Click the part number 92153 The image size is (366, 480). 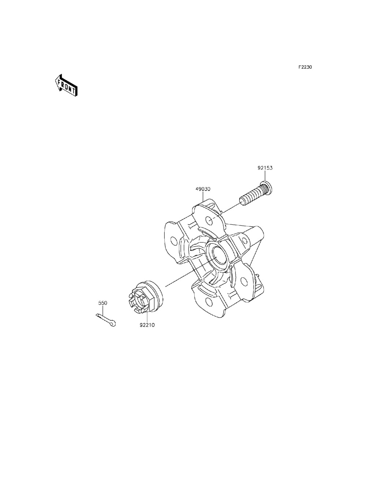pyautogui.click(x=265, y=168)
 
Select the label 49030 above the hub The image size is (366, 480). pyautogui.click(x=203, y=189)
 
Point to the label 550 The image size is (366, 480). pyautogui.click(x=103, y=303)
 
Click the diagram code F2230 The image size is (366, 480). pyautogui.click(x=305, y=67)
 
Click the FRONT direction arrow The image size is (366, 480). pyautogui.click(x=66, y=85)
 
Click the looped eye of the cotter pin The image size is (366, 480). pyautogui.click(x=113, y=323)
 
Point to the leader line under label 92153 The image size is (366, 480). pyautogui.click(x=265, y=176)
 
